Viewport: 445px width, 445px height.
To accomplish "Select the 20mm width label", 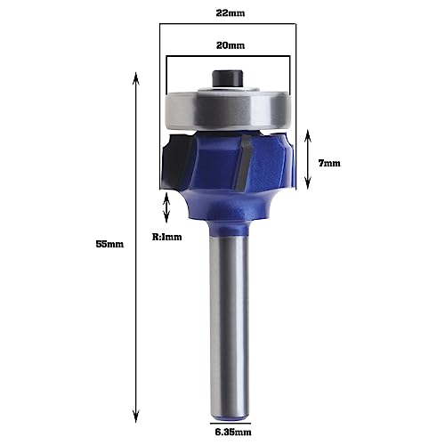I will coord(227,45).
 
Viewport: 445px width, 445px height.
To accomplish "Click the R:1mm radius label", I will coord(166,237).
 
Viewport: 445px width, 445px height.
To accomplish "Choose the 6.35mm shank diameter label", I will coord(227,435).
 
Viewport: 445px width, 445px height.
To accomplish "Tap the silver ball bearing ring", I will coord(227,110).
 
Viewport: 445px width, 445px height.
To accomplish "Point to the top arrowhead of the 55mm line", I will coord(135,78).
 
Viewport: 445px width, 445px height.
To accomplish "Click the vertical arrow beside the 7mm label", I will coord(308,158).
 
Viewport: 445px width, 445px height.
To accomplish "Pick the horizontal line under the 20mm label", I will coord(227,59).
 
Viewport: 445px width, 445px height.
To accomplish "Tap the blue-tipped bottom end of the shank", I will coord(227,411).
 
